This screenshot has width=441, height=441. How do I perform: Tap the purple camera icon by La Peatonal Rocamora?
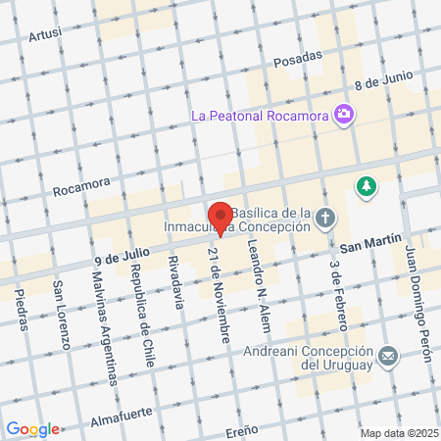coord(344,116)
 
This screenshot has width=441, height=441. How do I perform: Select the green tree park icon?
coord(367,185)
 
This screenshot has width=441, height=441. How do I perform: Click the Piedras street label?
coord(22,310)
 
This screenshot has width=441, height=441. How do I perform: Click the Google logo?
coord(32,428)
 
